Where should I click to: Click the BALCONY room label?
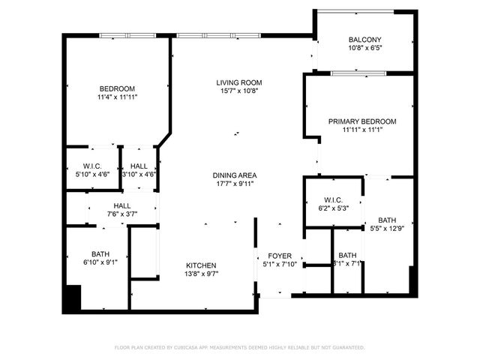point(365,40)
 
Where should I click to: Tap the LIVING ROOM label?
point(239,82)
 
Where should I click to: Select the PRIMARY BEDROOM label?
point(362,121)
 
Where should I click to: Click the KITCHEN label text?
point(201,265)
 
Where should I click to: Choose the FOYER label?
point(280,256)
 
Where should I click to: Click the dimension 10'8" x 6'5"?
point(365,48)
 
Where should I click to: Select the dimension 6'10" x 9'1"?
point(100,262)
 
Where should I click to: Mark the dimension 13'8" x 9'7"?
point(201,274)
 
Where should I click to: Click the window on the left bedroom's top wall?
point(123,34)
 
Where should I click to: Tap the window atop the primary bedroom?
point(358,73)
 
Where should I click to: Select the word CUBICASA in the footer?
point(191,348)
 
